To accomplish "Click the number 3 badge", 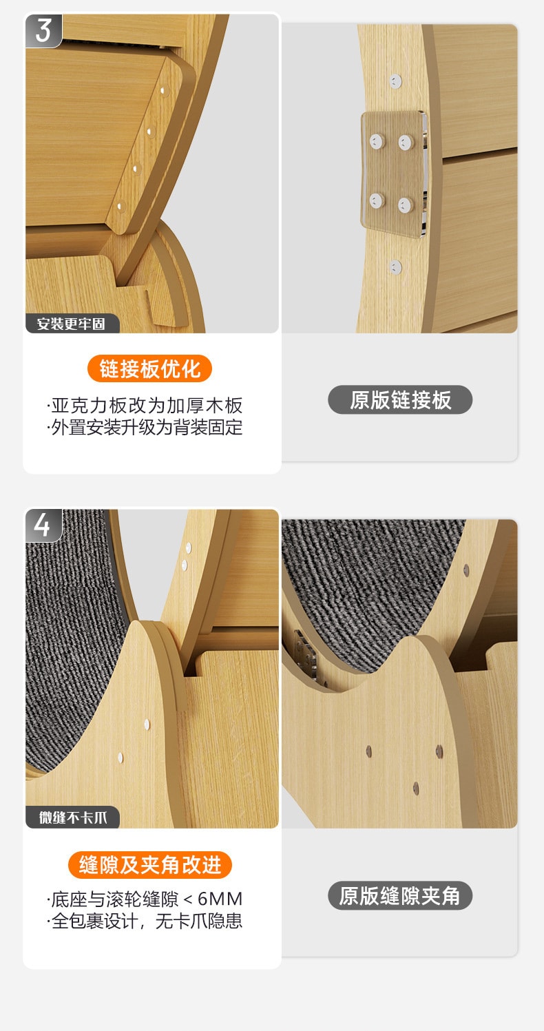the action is click(43, 30).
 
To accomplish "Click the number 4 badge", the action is click(43, 525).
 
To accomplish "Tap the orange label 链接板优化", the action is click(149, 368).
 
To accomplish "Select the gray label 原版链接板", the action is click(400, 399).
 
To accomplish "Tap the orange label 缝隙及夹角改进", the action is click(150, 865).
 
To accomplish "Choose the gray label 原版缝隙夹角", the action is click(400, 896).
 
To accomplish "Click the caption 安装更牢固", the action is click(72, 324).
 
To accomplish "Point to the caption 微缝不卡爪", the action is click(73, 818).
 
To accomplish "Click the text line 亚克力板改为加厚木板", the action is click(145, 406).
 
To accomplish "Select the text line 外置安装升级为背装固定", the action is click(145, 428).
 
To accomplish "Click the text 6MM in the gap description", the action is click(220, 899).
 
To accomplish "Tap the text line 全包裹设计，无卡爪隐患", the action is click(145, 921).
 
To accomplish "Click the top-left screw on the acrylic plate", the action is click(377, 141).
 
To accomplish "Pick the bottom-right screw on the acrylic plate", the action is click(405, 205).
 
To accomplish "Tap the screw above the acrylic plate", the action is click(395, 81).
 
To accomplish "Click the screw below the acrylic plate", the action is click(395, 267).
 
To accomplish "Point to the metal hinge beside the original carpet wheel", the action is click(304, 654).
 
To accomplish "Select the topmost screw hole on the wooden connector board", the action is click(164, 92).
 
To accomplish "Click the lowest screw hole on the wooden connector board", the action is click(120, 207).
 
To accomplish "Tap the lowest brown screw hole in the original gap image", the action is click(416, 789).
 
